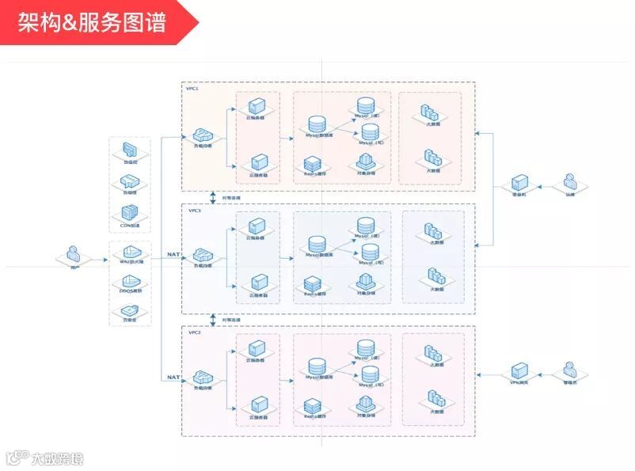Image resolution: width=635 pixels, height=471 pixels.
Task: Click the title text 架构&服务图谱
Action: click(92, 23)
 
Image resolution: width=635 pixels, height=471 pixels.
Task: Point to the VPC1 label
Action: click(193, 89)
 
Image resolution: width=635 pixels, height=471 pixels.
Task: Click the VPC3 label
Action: click(194, 211)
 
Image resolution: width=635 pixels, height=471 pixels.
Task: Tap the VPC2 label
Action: click(194, 333)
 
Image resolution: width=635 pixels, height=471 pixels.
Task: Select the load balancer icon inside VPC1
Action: click(203, 135)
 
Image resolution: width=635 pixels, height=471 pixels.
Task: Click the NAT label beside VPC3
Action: click(173, 255)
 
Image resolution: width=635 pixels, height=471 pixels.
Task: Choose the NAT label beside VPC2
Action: click(173, 378)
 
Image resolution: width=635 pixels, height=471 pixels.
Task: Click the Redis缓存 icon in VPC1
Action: click(312, 164)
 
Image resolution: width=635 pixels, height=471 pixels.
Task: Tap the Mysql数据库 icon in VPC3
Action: click(316, 244)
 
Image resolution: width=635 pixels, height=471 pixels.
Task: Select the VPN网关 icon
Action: click(519, 370)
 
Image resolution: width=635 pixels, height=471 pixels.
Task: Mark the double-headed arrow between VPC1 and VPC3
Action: click(213, 197)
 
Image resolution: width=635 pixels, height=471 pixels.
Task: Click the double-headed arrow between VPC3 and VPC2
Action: click(213, 320)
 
